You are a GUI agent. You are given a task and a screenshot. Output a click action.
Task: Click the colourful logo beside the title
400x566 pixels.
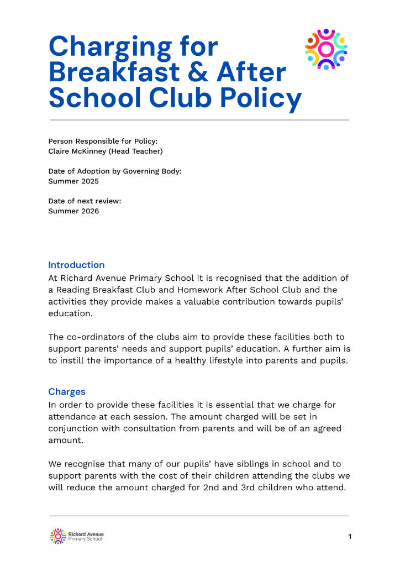pos(326,49)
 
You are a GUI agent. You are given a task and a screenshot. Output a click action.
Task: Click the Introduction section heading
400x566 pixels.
pos(76,265)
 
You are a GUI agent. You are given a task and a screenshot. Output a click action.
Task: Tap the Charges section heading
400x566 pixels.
pos(67,392)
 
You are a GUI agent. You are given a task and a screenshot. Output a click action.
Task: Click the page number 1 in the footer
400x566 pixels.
pos(350,536)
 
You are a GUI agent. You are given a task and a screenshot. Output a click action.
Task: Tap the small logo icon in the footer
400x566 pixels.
pos(58,536)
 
